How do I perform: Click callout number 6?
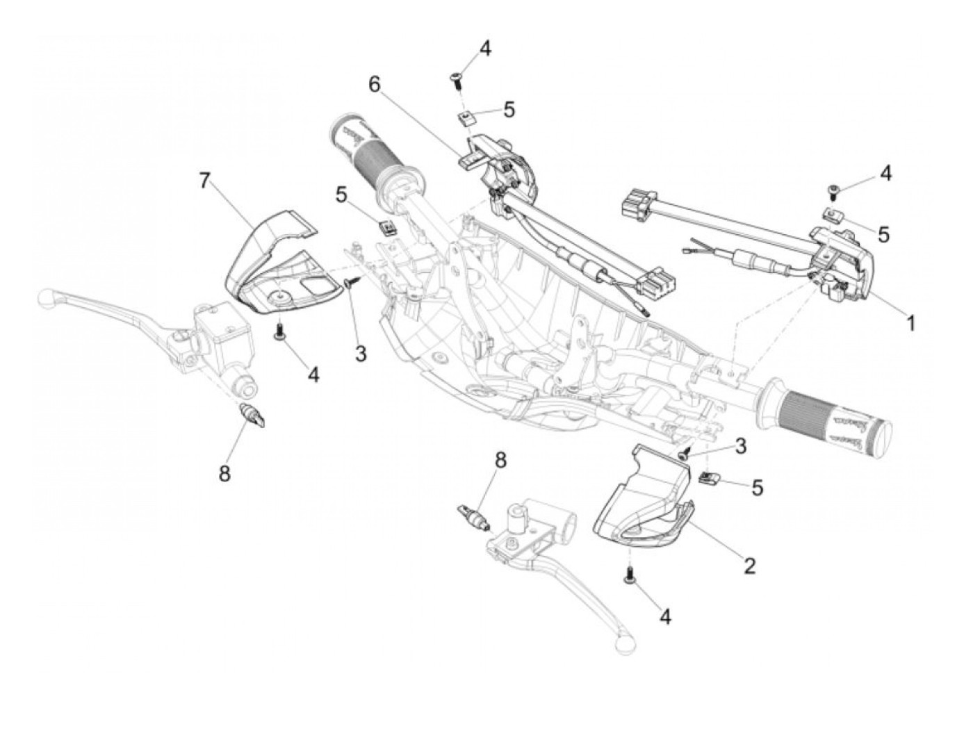(x=375, y=85)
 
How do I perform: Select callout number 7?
(x=204, y=181)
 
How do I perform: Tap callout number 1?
(x=909, y=322)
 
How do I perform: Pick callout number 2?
(x=749, y=566)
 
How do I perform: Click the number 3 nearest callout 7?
(x=360, y=353)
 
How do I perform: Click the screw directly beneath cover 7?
(x=280, y=331)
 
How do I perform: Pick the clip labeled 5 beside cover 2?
(x=708, y=477)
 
